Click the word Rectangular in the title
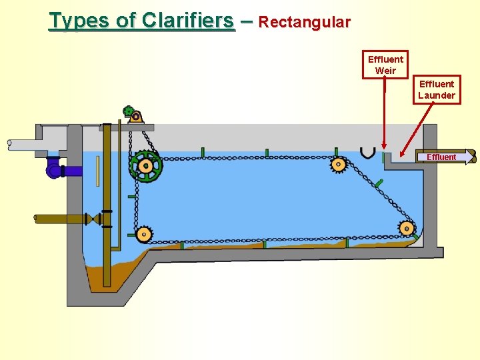tap(304, 22)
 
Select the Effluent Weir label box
tap(385, 65)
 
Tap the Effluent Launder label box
tap(437, 89)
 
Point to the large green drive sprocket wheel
tap(146, 166)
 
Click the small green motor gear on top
tap(129, 111)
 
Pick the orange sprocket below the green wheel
tap(144, 234)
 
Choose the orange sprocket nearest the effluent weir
tap(338, 165)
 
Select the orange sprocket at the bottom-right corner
tap(406, 229)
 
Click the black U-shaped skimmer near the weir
tap(367, 153)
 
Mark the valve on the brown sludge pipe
tap(97, 219)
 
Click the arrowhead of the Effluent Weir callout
tap(384, 145)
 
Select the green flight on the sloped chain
tap(378, 183)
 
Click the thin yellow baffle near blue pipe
tap(97, 171)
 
